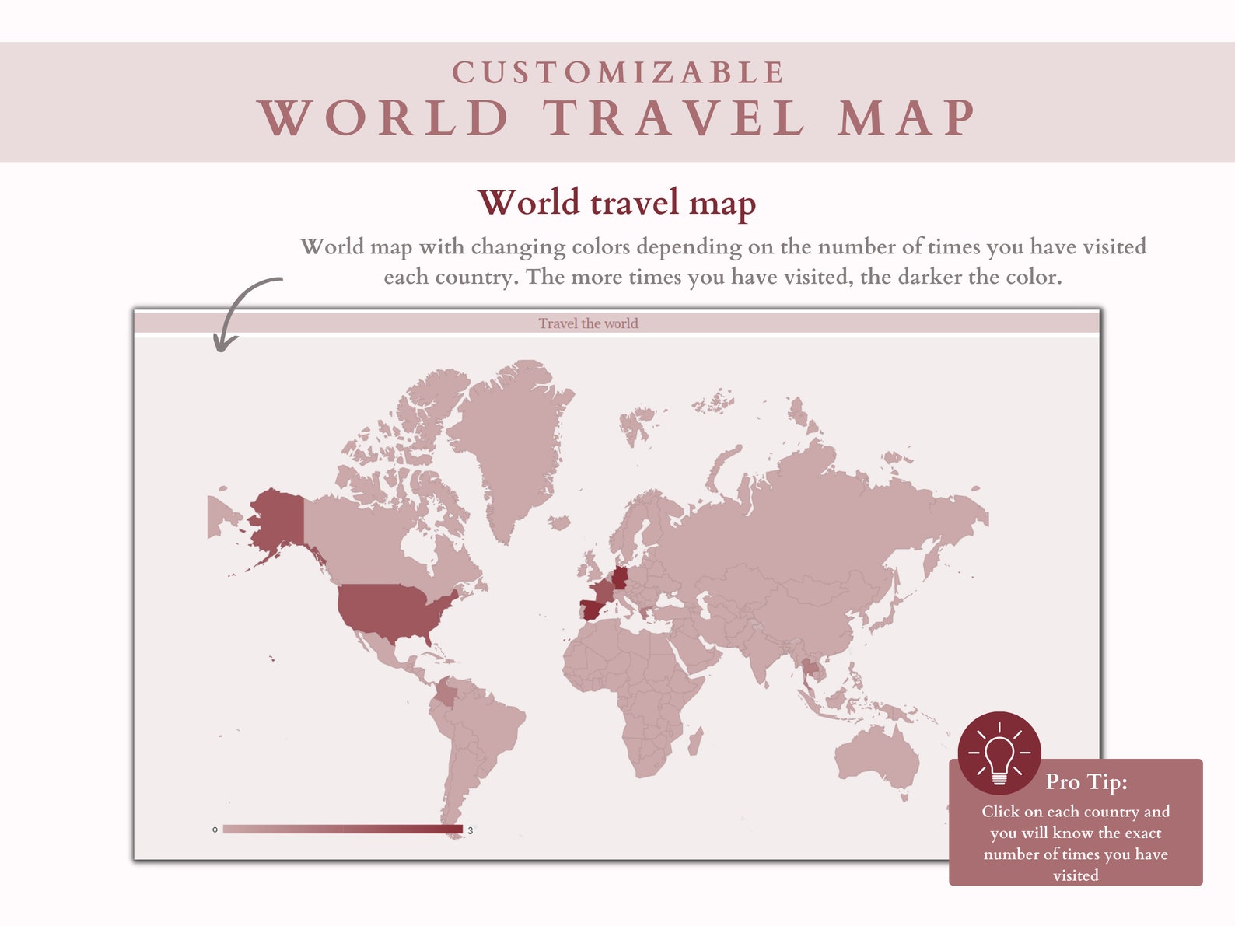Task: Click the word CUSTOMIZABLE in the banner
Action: (x=618, y=73)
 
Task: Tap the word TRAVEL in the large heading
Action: (x=674, y=118)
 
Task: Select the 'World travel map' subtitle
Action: (x=617, y=203)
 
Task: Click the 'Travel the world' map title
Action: (x=588, y=323)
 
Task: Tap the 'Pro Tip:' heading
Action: (x=1086, y=781)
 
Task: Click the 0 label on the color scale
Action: (x=215, y=830)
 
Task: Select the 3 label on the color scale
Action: (x=471, y=830)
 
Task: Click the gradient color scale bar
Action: (x=342, y=830)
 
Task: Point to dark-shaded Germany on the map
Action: (x=620, y=578)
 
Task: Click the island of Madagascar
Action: (x=695, y=740)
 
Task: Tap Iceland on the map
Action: (x=558, y=522)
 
